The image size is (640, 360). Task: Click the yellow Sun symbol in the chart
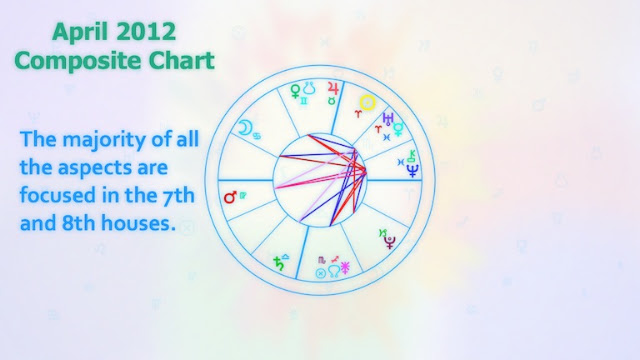coord(367,102)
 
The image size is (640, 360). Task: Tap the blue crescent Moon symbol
coord(245,128)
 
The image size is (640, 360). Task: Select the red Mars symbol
coord(231,197)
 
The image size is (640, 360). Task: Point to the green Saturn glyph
coord(279,264)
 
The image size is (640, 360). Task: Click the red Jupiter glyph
coord(334,89)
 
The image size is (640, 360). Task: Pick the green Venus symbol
coord(295,91)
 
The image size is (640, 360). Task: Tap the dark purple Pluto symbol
coord(390,242)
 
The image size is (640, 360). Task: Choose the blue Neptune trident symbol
coord(413,170)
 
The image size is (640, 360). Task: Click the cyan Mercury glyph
coord(398,129)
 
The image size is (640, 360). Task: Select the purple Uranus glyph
coord(388,118)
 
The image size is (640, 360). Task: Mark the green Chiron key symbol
coord(412,156)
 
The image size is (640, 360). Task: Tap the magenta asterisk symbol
coord(345,268)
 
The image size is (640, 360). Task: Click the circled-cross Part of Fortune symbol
coord(321,273)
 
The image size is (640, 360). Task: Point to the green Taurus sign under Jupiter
coord(332,101)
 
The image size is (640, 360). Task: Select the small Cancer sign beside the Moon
coord(257,136)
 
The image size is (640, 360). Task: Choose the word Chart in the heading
coord(181,60)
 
